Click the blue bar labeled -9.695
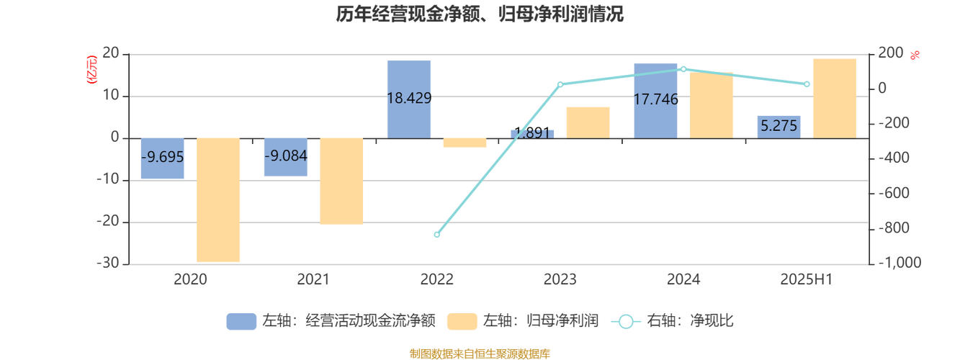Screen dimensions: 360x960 coord(162,158)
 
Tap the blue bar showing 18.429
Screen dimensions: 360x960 coord(409,99)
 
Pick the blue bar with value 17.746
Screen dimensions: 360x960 coord(655,99)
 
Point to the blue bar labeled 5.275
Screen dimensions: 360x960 coord(779,126)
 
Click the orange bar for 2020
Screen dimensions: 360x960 coord(218,199)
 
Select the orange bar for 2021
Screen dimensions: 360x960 coord(341,181)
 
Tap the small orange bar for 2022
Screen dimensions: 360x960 coord(465,143)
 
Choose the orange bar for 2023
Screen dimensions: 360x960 coord(588,122)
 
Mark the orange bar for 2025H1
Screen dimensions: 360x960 coord(834,98)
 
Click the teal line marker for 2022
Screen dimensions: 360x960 coord(436,235)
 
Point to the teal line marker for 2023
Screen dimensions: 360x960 coord(560,84)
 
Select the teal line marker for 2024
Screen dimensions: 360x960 coord(683,69)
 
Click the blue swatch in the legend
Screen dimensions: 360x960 coord(241,321)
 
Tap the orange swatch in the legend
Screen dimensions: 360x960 coord(462,321)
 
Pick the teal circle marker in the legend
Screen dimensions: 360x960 coord(626,321)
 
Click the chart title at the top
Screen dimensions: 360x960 coord(480,14)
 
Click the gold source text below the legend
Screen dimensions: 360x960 coord(480,354)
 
